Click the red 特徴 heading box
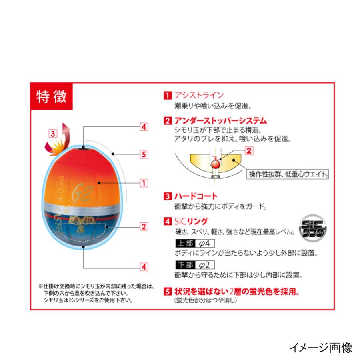click(51, 97)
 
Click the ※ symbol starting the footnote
click(40, 286)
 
